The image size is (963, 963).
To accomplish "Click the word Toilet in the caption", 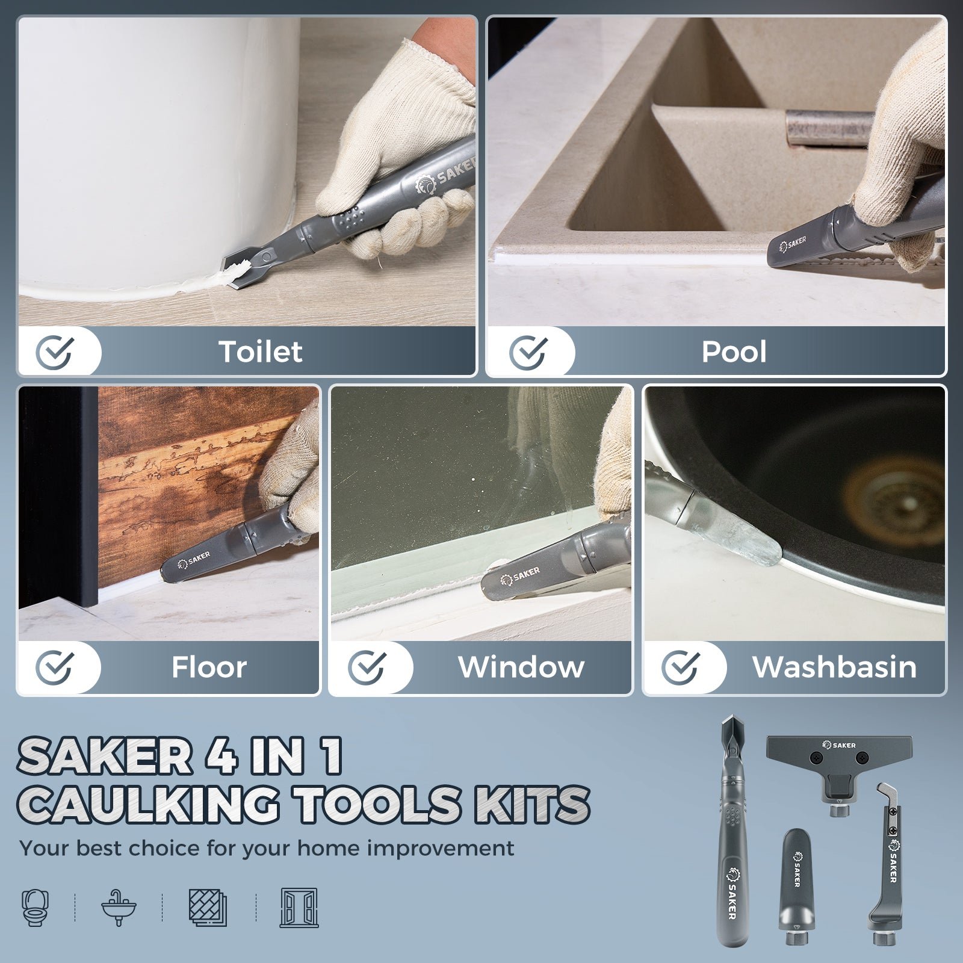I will coord(260,351).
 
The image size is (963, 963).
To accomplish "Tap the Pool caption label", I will coord(734,351).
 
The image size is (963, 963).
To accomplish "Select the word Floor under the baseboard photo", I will coord(209,667).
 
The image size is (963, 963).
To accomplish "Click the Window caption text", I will coord(521,667).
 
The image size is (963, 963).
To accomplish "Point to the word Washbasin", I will coord(834,667).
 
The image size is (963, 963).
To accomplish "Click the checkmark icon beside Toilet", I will coord(55,351).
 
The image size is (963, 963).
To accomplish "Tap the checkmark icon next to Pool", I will coord(528,351).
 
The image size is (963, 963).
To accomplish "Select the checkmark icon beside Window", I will coord(367,667).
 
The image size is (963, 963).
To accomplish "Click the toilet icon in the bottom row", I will coord(36,907).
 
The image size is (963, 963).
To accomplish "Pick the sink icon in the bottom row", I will coord(119,907).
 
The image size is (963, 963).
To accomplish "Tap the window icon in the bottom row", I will coord(299,907).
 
